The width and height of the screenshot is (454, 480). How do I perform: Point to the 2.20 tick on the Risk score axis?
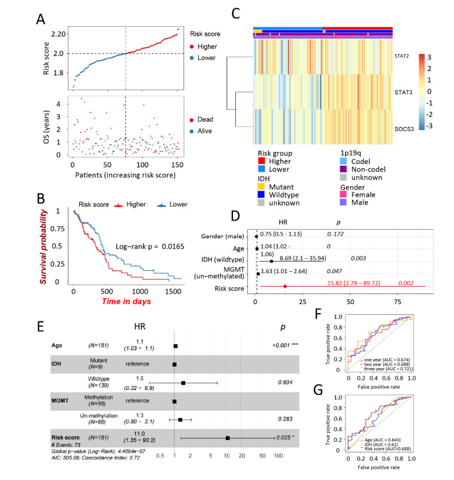pos(58,34)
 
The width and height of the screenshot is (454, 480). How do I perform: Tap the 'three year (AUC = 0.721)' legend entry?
pos(388,370)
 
